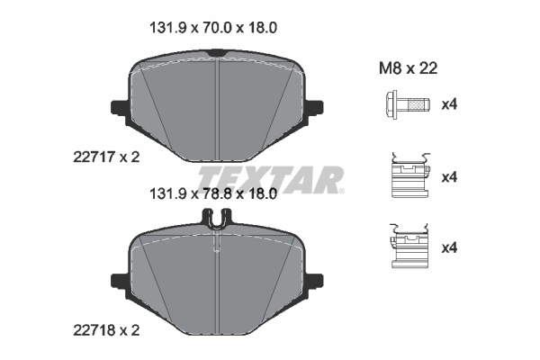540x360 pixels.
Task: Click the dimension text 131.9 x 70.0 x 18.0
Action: point(211,28)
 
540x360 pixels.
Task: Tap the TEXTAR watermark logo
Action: point(269,176)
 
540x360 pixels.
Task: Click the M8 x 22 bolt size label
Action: point(407,67)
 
